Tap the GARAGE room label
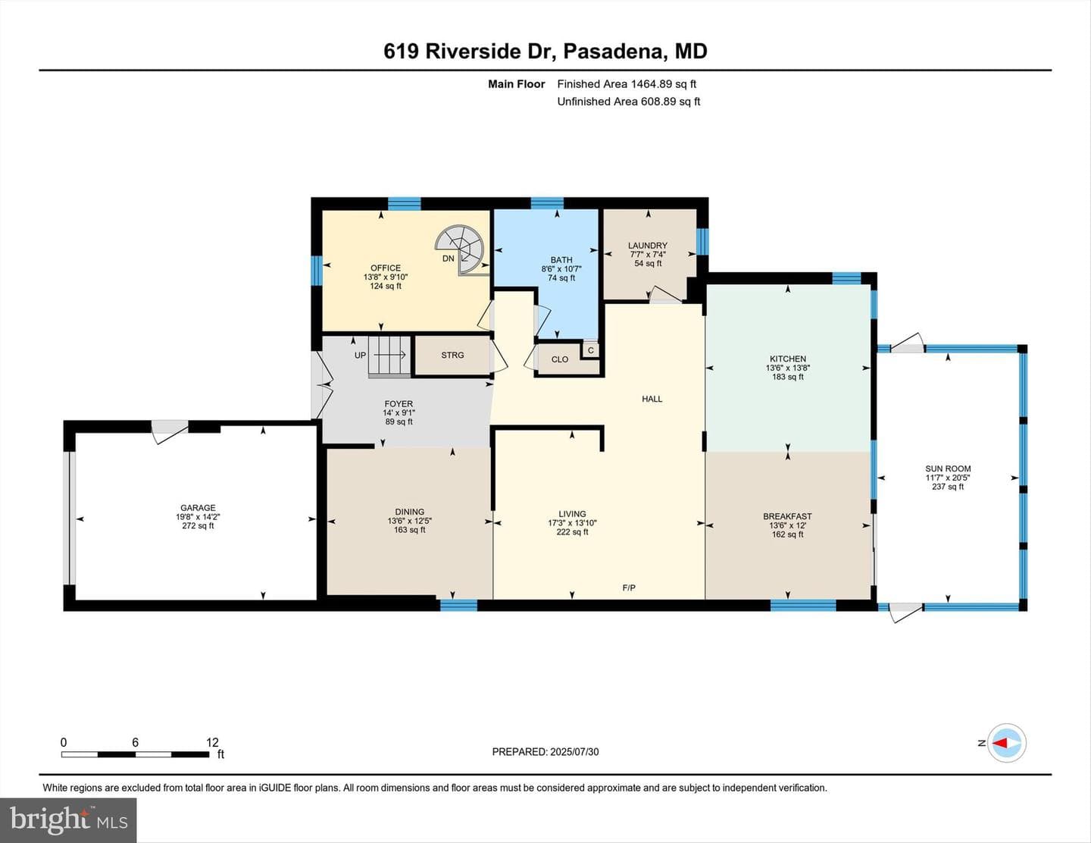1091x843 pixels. (198, 508)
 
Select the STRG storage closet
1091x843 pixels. (452, 356)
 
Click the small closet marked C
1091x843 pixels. (591, 350)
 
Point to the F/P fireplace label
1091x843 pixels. (629, 588)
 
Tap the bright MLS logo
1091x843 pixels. (68, 820)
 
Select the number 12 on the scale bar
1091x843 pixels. (212, 742)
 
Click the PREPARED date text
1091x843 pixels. (545, 751)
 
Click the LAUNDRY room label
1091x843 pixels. (648, 245)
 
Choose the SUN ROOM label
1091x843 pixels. (948, 469)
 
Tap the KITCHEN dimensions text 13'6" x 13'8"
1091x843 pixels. (788, 368)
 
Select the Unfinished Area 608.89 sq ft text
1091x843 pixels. (629, 102)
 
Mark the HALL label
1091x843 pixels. (652, 399)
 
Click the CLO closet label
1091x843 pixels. (560, 359)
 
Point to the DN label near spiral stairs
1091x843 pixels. (449, 259)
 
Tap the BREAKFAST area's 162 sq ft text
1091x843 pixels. (788, 534)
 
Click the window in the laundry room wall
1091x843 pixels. (702, 241)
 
